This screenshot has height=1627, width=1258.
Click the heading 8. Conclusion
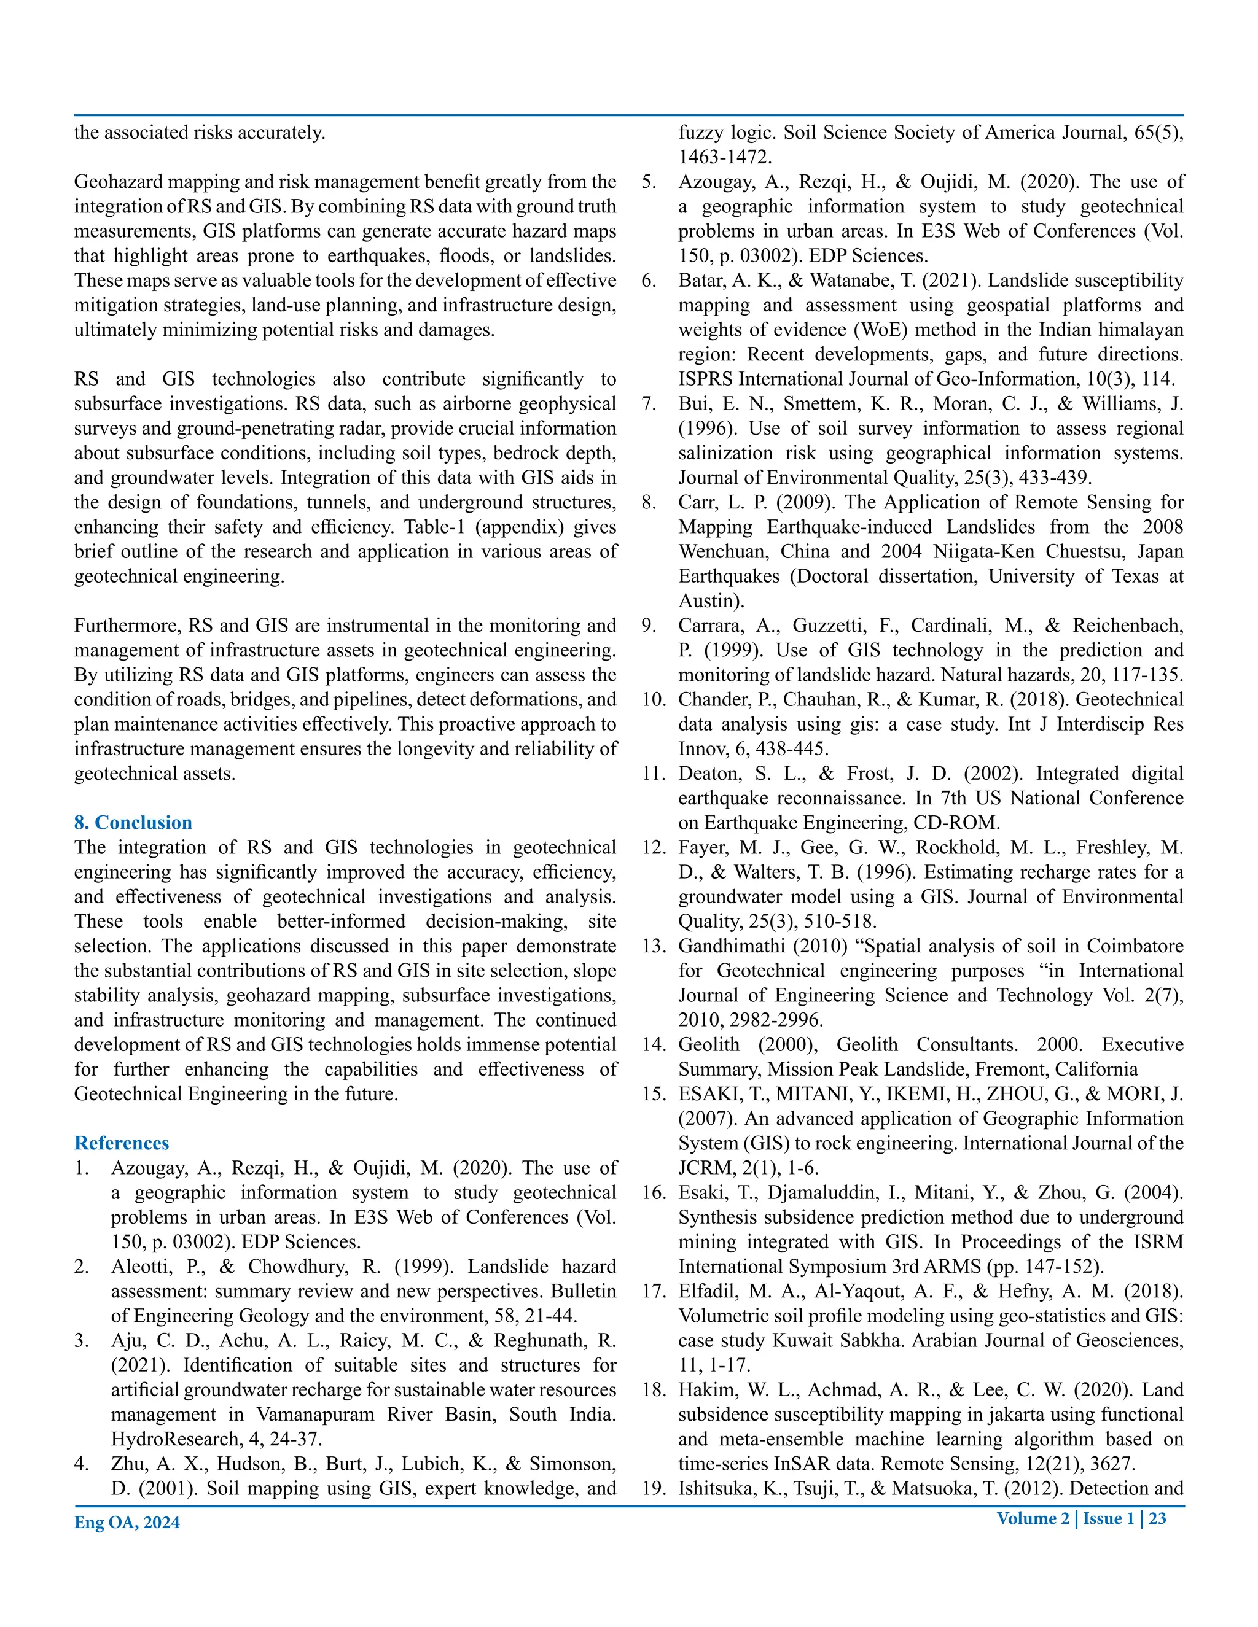[x=133, y=823]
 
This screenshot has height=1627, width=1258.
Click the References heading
[x=122, y=1143]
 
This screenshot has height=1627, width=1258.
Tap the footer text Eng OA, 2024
[x=127, y=1523]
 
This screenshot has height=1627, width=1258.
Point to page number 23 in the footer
[x=1157, y=1518]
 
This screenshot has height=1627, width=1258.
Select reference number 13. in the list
[x=654, y=946]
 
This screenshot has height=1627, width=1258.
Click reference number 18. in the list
[x=654, y=1389]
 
